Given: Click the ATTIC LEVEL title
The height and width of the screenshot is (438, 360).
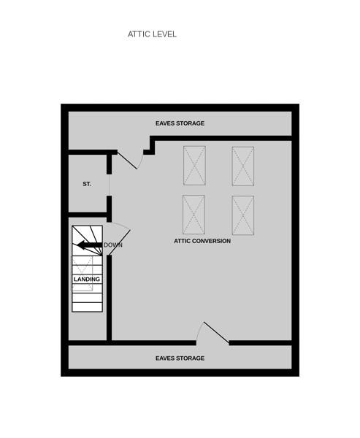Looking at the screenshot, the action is (x=152, y=34).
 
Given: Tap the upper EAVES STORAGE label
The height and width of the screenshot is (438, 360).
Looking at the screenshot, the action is (x=180, y=123).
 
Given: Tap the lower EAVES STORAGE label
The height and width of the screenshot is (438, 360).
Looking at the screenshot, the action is (x=180, y=358).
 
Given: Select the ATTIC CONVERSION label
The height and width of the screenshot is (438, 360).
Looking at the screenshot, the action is (x=202, y=241).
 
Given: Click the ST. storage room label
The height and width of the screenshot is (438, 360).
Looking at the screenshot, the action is (x=87, y=184).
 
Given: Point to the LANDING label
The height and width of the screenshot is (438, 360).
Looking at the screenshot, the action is (x=87, y=279).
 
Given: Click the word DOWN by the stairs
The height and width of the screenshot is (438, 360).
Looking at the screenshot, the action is (x=113, y=245).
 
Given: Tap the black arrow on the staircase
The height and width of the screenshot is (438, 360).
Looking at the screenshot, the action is (x=90, y=245).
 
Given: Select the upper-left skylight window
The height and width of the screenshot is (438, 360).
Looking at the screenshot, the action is (x=194, y=166).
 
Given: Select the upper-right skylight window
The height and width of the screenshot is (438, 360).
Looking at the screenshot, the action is (x=243, y=166).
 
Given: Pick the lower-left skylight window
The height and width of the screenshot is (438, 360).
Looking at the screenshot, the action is (x=194, y=215).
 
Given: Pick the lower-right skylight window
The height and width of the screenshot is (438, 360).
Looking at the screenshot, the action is (x=243, y=215).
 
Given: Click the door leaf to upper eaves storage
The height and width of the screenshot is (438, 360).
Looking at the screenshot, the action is (x=127, y=160).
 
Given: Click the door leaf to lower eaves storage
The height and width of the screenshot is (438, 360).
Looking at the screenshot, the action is (x=216, y=332).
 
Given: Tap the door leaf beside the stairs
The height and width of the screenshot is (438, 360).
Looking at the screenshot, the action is (x=119, y=242).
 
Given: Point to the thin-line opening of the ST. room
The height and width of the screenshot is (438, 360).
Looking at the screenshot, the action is (x=109, y=185).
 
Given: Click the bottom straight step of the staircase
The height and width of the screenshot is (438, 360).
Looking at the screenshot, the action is (x=87, y=307).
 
